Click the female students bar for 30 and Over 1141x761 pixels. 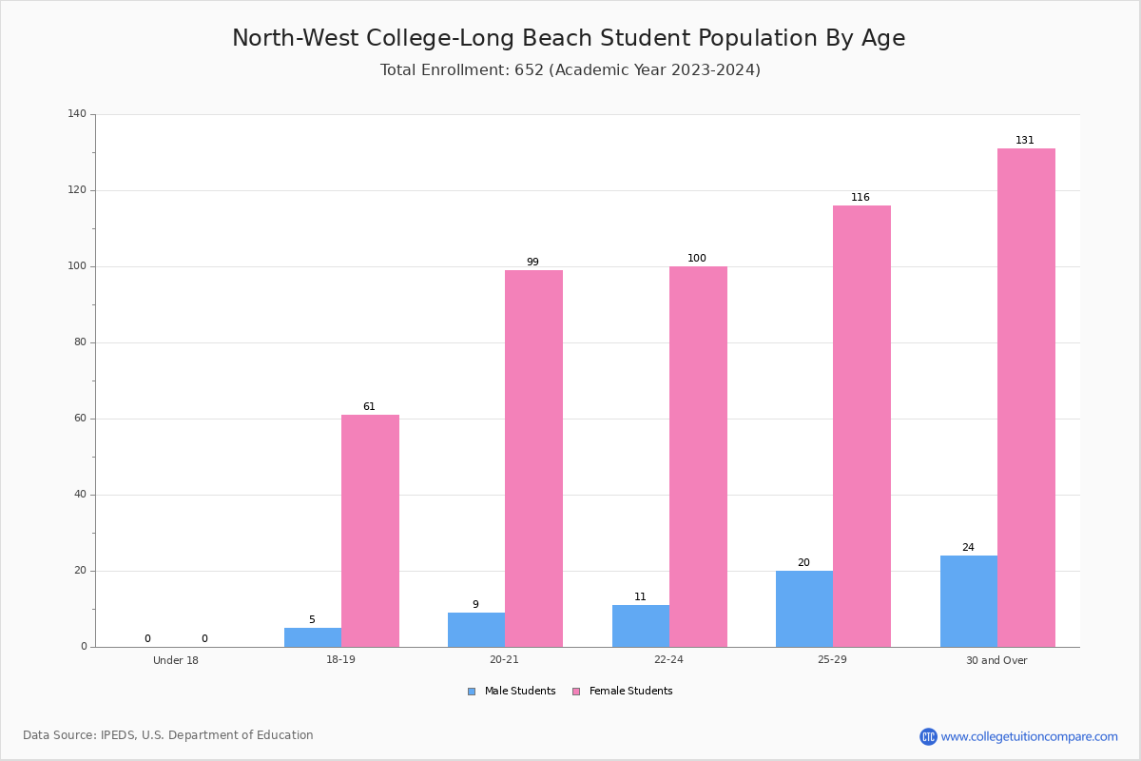point(1026,398)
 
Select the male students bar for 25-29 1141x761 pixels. point(804,609)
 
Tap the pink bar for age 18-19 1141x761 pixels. point(370,531)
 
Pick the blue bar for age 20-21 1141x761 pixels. point(476,630)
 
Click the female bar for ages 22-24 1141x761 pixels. point(698,457)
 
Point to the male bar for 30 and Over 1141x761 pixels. point(969,601)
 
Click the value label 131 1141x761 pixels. point(1025,140)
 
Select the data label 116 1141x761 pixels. point(861,197)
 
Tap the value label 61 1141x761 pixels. point(369,407)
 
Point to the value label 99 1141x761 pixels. point(532,262)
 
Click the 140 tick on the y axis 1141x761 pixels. point(77,113)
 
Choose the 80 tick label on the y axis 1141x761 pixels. point(81,342)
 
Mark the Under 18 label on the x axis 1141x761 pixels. point(176,660)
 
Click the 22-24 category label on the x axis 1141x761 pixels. point(668,659)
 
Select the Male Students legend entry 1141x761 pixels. point(512,692)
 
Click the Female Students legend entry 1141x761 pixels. point(623,692)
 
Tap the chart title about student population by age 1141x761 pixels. point(569,38)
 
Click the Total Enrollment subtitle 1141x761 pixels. point(570,69)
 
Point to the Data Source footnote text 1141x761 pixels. point(168,735)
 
